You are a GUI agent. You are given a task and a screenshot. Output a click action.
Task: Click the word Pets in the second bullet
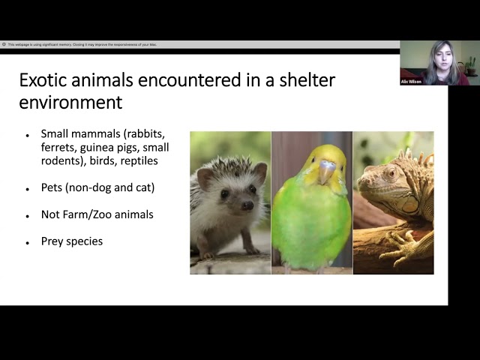click(x=53, y=187)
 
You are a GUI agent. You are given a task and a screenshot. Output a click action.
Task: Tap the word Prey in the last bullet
click(x=53, y=241)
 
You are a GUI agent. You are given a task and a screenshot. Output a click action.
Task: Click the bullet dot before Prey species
click(x=28, y=242)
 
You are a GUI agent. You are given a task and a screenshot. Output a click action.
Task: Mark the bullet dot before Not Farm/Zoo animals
click(x=28, y=215)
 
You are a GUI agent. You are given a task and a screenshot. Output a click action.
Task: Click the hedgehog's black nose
click(x=247, y=205)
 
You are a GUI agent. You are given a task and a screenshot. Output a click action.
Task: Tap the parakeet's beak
click(x=327, y=172)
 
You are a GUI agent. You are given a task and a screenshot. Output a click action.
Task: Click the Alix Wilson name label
click(x=412, y=81)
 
